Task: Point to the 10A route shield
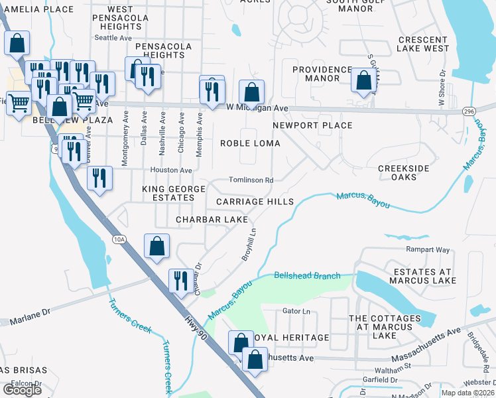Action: (119, 239)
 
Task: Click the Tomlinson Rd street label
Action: (251, 180)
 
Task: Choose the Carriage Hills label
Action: (254, 202)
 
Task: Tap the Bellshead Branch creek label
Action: (307, 275)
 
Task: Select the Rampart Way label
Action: (427, 250)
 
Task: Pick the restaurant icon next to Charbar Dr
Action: (180, 280)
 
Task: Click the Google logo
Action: (22, 390)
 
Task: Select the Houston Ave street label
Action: (171, 170)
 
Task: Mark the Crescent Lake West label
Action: (423, 44)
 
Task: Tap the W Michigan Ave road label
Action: (257, 107)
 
